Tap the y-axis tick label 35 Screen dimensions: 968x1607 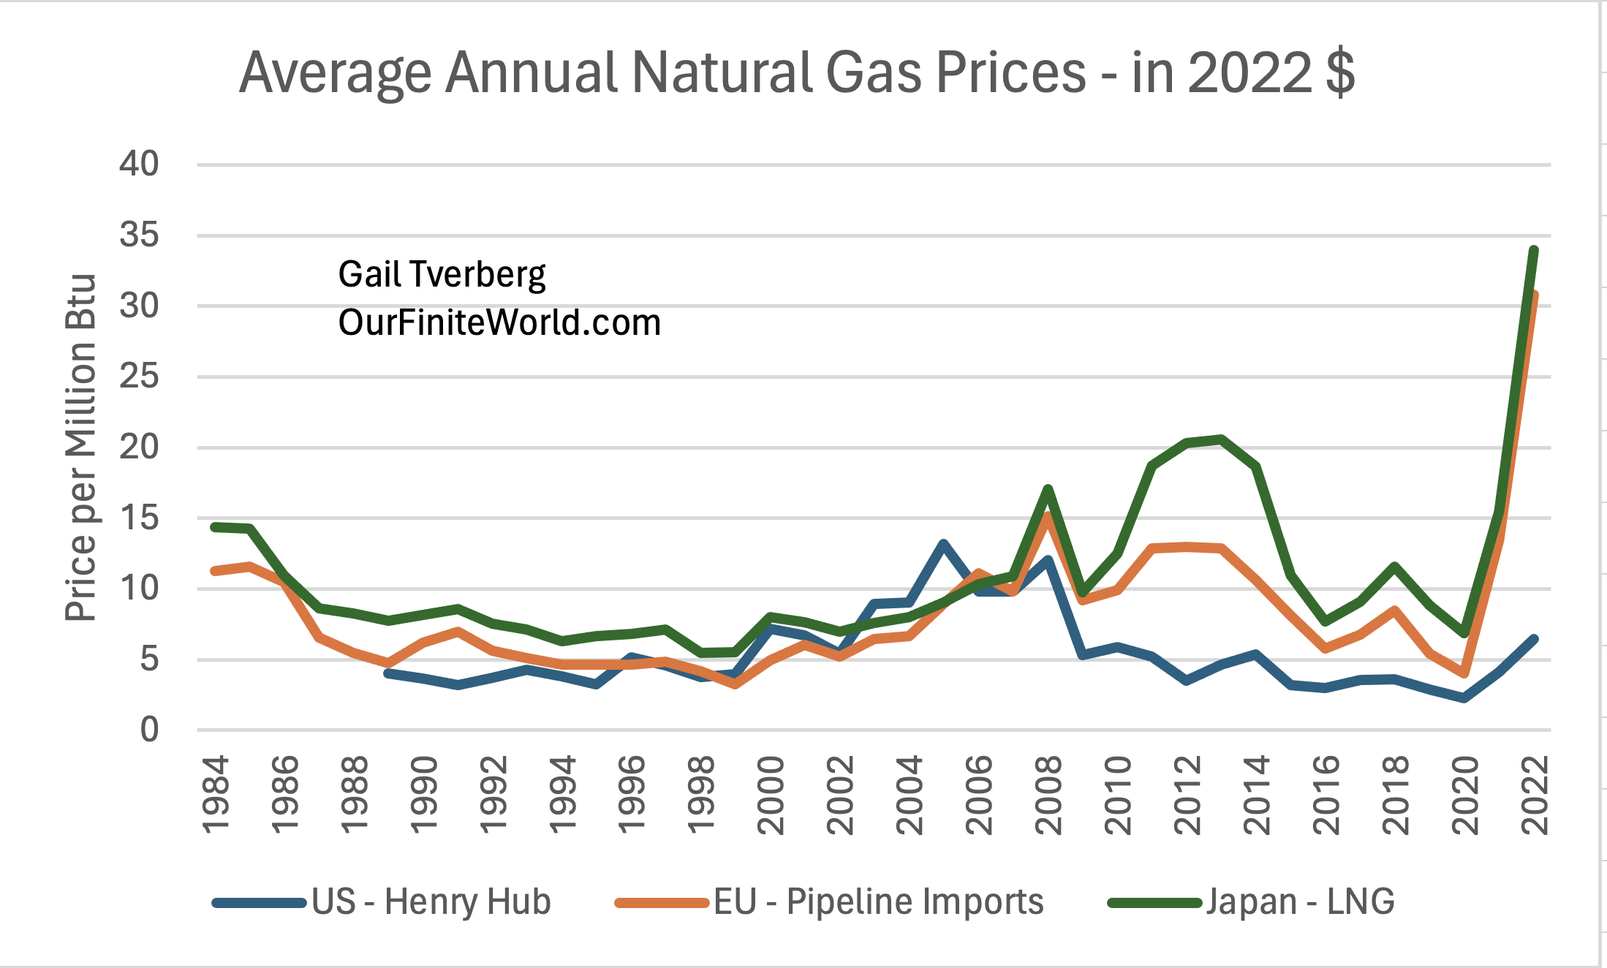click(x=139, y=235)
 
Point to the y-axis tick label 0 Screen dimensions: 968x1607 click(x=149, y=730)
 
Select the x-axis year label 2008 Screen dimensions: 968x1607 click(x=1049, y=795)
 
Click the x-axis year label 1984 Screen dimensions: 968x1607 click(x=216, y=795)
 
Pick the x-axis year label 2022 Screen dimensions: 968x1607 click(x=1535, y=795)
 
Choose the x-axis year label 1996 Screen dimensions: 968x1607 click(x=632, y=795)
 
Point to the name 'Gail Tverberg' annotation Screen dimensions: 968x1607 click(x=442, y=275)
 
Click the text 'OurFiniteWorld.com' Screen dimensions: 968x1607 click(x=499, y=322)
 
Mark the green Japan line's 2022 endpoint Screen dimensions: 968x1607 click(x=1534, y=251)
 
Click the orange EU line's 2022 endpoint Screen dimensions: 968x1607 click(x=1534, y=296)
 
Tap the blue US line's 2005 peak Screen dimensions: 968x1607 click(x=943, y=543)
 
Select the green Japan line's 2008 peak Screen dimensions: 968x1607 click(x=1048, y=488)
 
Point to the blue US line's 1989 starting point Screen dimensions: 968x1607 click(x=387, y=673)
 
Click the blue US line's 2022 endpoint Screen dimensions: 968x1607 click(x=1534, y=639)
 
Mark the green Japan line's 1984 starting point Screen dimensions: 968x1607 click(x=214, y=526)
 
